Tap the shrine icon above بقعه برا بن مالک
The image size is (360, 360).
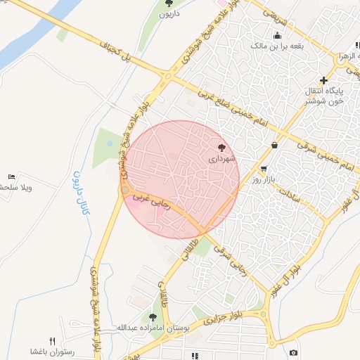click(278, 35)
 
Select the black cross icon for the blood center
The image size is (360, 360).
click(323, 80)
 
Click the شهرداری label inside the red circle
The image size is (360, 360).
click(223, 160)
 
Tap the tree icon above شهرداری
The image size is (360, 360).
click(223, 148)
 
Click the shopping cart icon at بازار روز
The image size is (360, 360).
click(264, 169)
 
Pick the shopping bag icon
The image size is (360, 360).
click(274, 145)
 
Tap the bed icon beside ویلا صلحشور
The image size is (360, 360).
click(11, 176)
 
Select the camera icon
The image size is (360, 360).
click(293, 352)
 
